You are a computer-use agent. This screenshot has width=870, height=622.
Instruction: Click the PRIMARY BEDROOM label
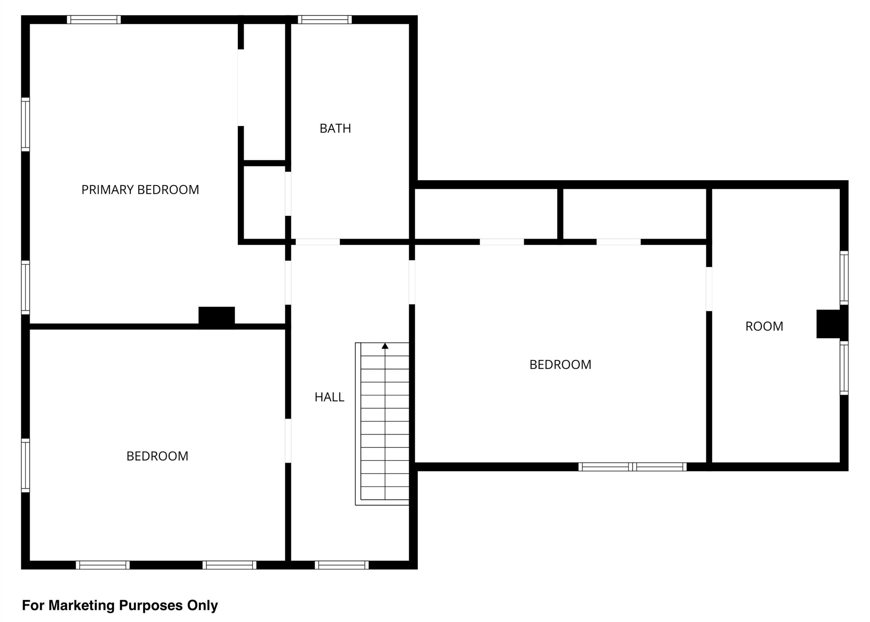pyautogui.click(x=140, y=189)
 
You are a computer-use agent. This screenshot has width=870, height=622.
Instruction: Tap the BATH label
pyautogui.click(x=335, y=128)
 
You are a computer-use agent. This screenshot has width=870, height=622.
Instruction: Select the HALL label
pyautogui.click(x=329, y=397)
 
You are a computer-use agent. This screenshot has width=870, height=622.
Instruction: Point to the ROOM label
pyautogui.click(x=764, y=326)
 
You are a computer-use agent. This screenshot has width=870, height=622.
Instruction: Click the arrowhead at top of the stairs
pyautogui.click(x=385, y=346)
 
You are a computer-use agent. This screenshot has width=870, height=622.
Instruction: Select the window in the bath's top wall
pyautogui.click(x=325, y=20)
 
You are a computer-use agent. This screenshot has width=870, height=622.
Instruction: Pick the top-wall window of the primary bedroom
pyautogui.click(x=94, y=20)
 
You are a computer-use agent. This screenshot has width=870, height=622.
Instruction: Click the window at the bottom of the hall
pyautogui.click(x=342, y=565)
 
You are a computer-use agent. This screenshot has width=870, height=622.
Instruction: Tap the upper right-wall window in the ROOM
pyautogui.click(x=844, y=278)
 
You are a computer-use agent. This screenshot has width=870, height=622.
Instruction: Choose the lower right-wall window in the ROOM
pyautogui.click(x=844, y=368)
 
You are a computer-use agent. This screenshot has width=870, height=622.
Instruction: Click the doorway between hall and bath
pyautogui.click(x=318, y=242)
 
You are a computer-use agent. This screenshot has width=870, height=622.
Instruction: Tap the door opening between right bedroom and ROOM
pyautogui.click(x=709, y=289)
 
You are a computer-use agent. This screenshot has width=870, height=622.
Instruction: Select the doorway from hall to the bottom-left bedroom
pyautogui.click(x=288, y=441)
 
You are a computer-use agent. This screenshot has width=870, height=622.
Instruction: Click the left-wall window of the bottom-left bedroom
pyautogui.click(x=25, y=465)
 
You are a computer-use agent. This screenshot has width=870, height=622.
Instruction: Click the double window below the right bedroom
pyautogui.click(x=632, y=467)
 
